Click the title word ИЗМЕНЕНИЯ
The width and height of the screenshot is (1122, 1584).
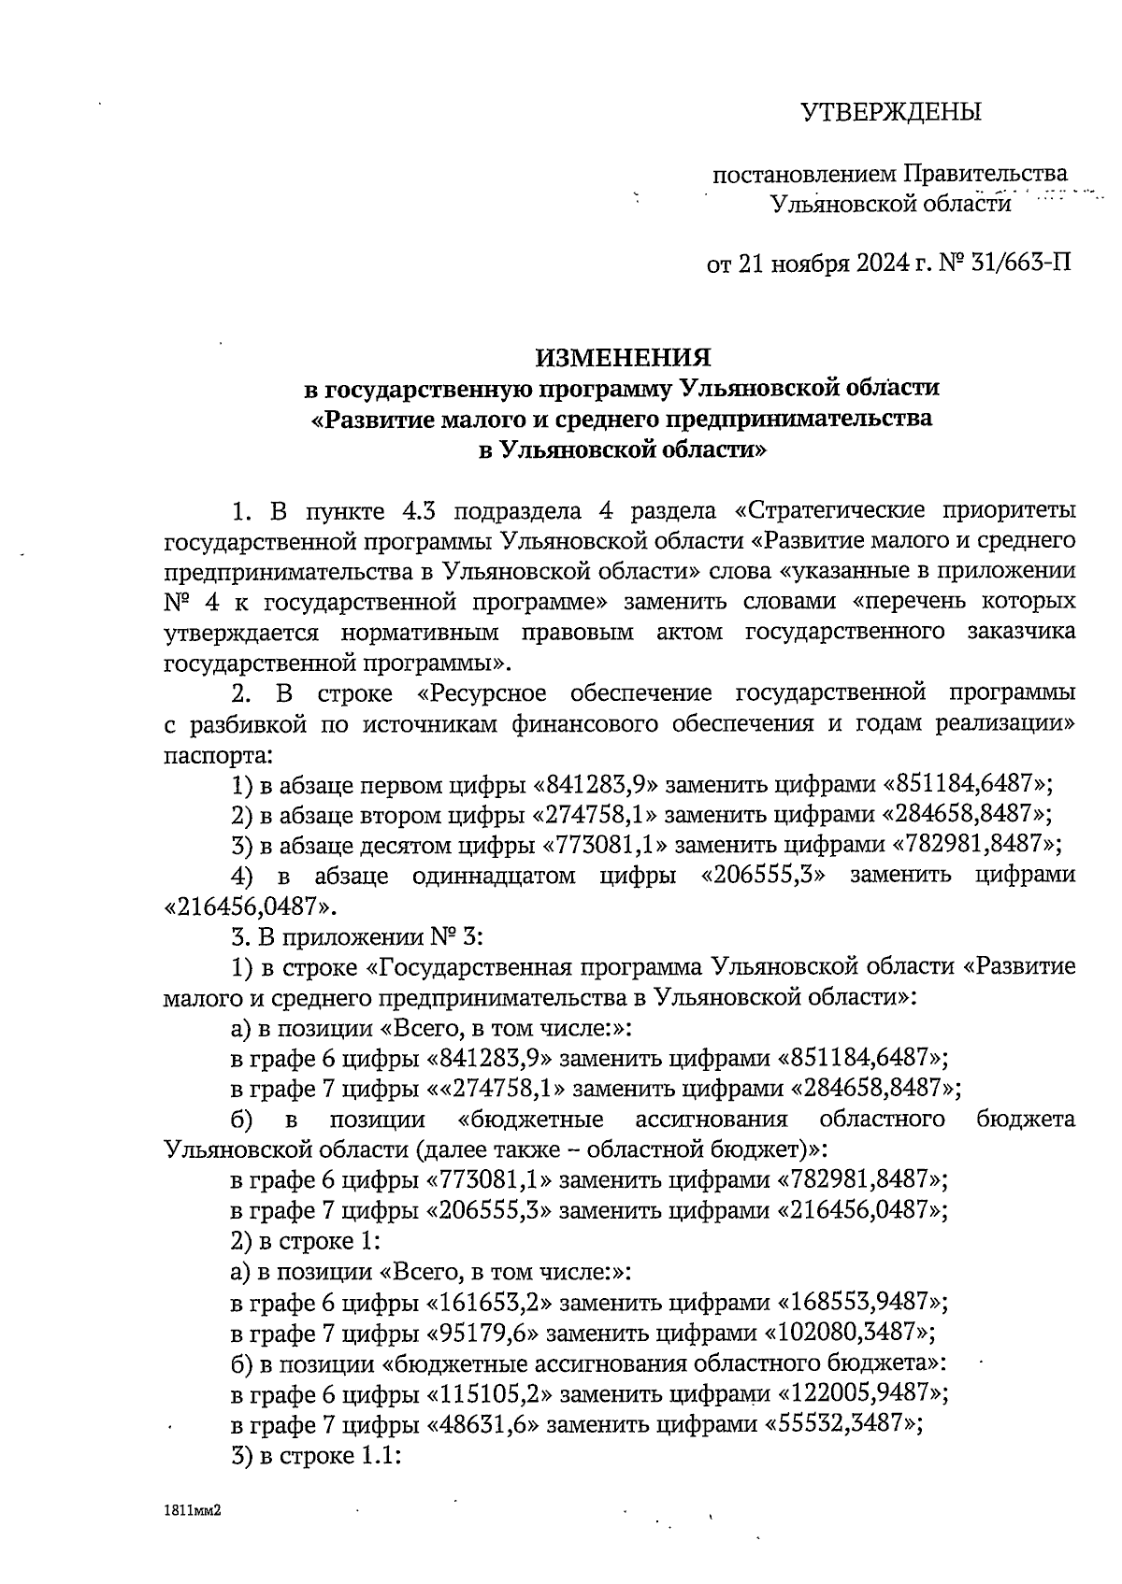[623, 357]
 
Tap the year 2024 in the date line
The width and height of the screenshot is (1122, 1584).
[879, 264]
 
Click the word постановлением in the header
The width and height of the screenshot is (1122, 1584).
[804, 174]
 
